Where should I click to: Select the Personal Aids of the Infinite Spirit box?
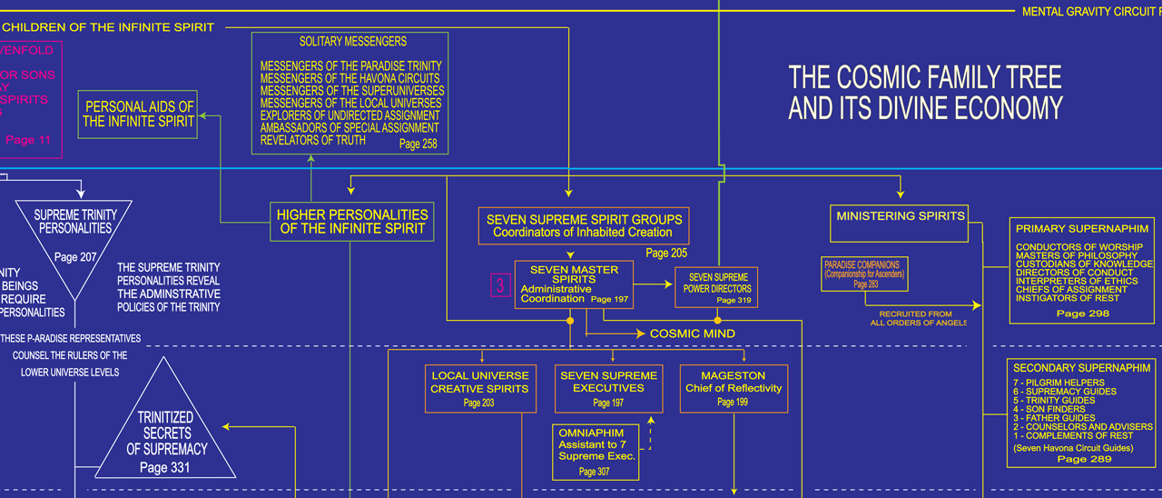pyautogui.click(x=139, y=115)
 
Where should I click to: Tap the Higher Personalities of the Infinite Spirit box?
pyautogui.click(x=352, y=222)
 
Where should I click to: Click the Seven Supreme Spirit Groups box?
pyautogui.click(x=584, y=225)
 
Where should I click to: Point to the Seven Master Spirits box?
pyautogui.click(x=574, y=284)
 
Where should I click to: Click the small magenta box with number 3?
pyautogui.click(x=499, y=285)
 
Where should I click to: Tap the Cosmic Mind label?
pyautogui.click(x=692, y=334)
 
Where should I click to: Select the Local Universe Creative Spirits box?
pyautogui.click(x=479, y=388)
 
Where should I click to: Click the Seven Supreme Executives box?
pyautogui.click(x=608, y=388)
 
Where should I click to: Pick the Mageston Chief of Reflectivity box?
pyautogui.click(x=733, y=388)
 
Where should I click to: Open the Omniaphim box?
pyautogui.click(x=596, y=452)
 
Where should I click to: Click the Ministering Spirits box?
pyautogui.click(x=900, y=223)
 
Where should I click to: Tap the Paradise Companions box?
pyautogui.click(x=863, y=274)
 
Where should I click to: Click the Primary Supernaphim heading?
pyautogui.click(x=1081, y=229)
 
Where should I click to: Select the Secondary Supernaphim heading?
pyautogui.click(x=1082, y=368)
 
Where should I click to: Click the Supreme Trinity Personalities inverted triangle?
pyautogui.click(x=76, y=234)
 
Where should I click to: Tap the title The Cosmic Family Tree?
pyautogui.click(x=924, y=91)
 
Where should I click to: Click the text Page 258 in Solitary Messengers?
pyautogui.click(x=417, y=144)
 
